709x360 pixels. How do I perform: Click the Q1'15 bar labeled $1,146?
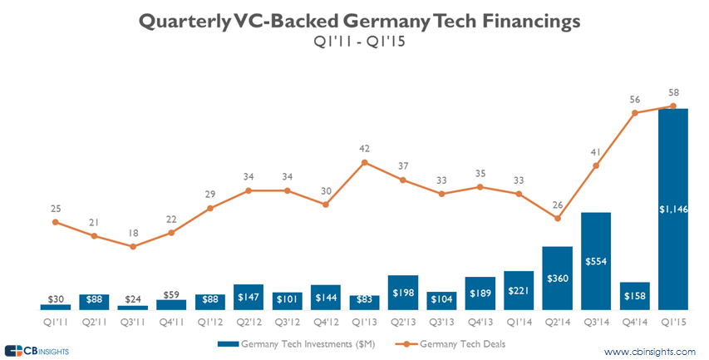(673, 209)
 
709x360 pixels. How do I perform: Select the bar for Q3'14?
(596, 261)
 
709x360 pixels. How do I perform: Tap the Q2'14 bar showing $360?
(557, 278)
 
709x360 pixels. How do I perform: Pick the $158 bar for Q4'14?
(635, 296)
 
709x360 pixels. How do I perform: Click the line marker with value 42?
(364, 162)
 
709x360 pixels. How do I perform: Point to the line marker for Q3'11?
(132, 246)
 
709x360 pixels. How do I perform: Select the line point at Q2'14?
(557, 219)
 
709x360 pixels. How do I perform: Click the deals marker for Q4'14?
(635, 113)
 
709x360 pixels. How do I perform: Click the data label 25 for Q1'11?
(55, 209)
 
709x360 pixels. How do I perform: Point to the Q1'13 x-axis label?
(364, 318)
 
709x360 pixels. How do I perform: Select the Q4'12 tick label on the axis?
(325, 318)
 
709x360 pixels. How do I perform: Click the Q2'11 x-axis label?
(93, 318)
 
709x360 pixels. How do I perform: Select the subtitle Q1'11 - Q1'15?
(354, 42)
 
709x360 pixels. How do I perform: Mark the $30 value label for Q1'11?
(55, 298)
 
